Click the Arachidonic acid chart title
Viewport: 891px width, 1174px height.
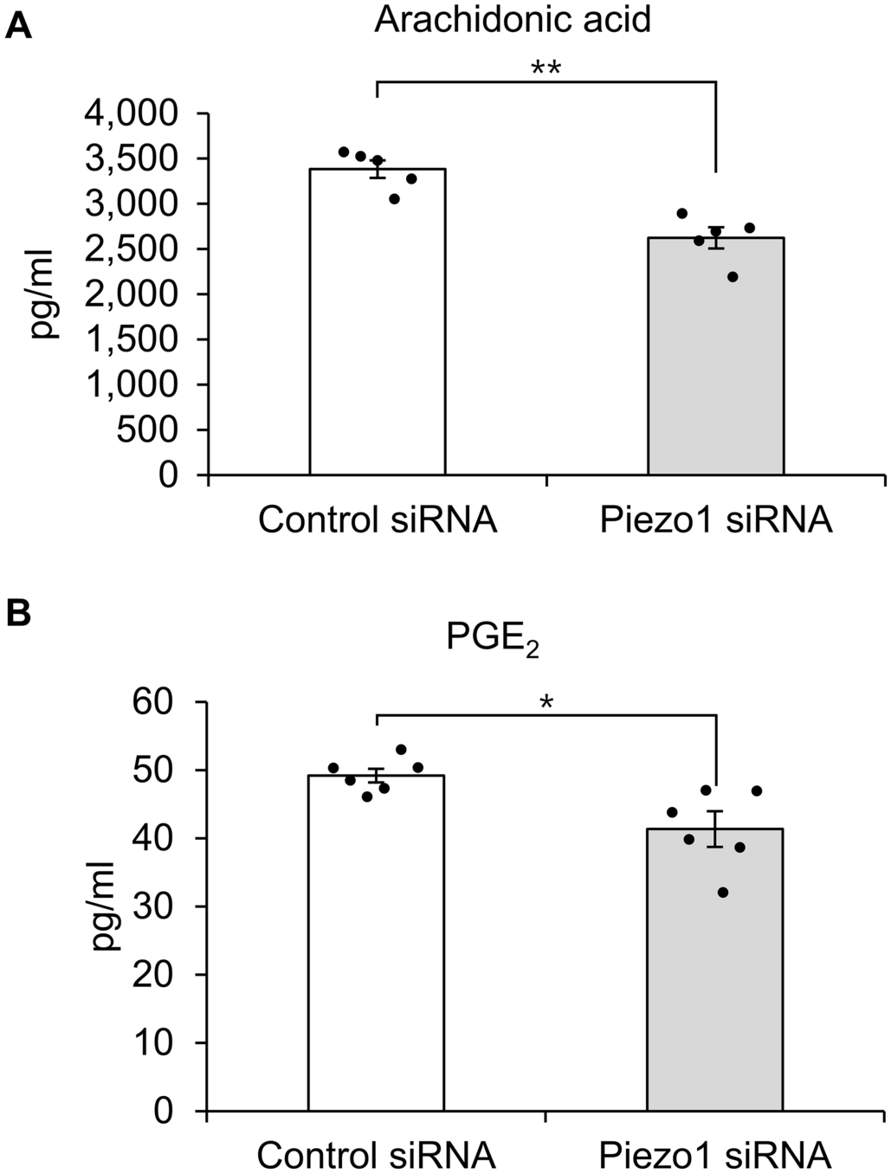(513, 19)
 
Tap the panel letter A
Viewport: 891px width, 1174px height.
(18, 27)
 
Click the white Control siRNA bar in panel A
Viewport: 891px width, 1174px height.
(378, 329)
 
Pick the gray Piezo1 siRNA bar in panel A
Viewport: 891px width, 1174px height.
(716, 364)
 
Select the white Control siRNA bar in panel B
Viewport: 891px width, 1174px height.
(377, 952)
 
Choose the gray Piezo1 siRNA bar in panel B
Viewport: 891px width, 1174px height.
(715, 978)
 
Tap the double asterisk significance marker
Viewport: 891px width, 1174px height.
(546, 68)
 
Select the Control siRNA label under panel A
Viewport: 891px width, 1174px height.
(378, 521)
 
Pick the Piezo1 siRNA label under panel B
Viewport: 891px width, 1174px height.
(715, 1155)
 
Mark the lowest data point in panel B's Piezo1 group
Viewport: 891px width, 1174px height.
(723, 893)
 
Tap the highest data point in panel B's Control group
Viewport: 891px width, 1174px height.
(401, 750)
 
